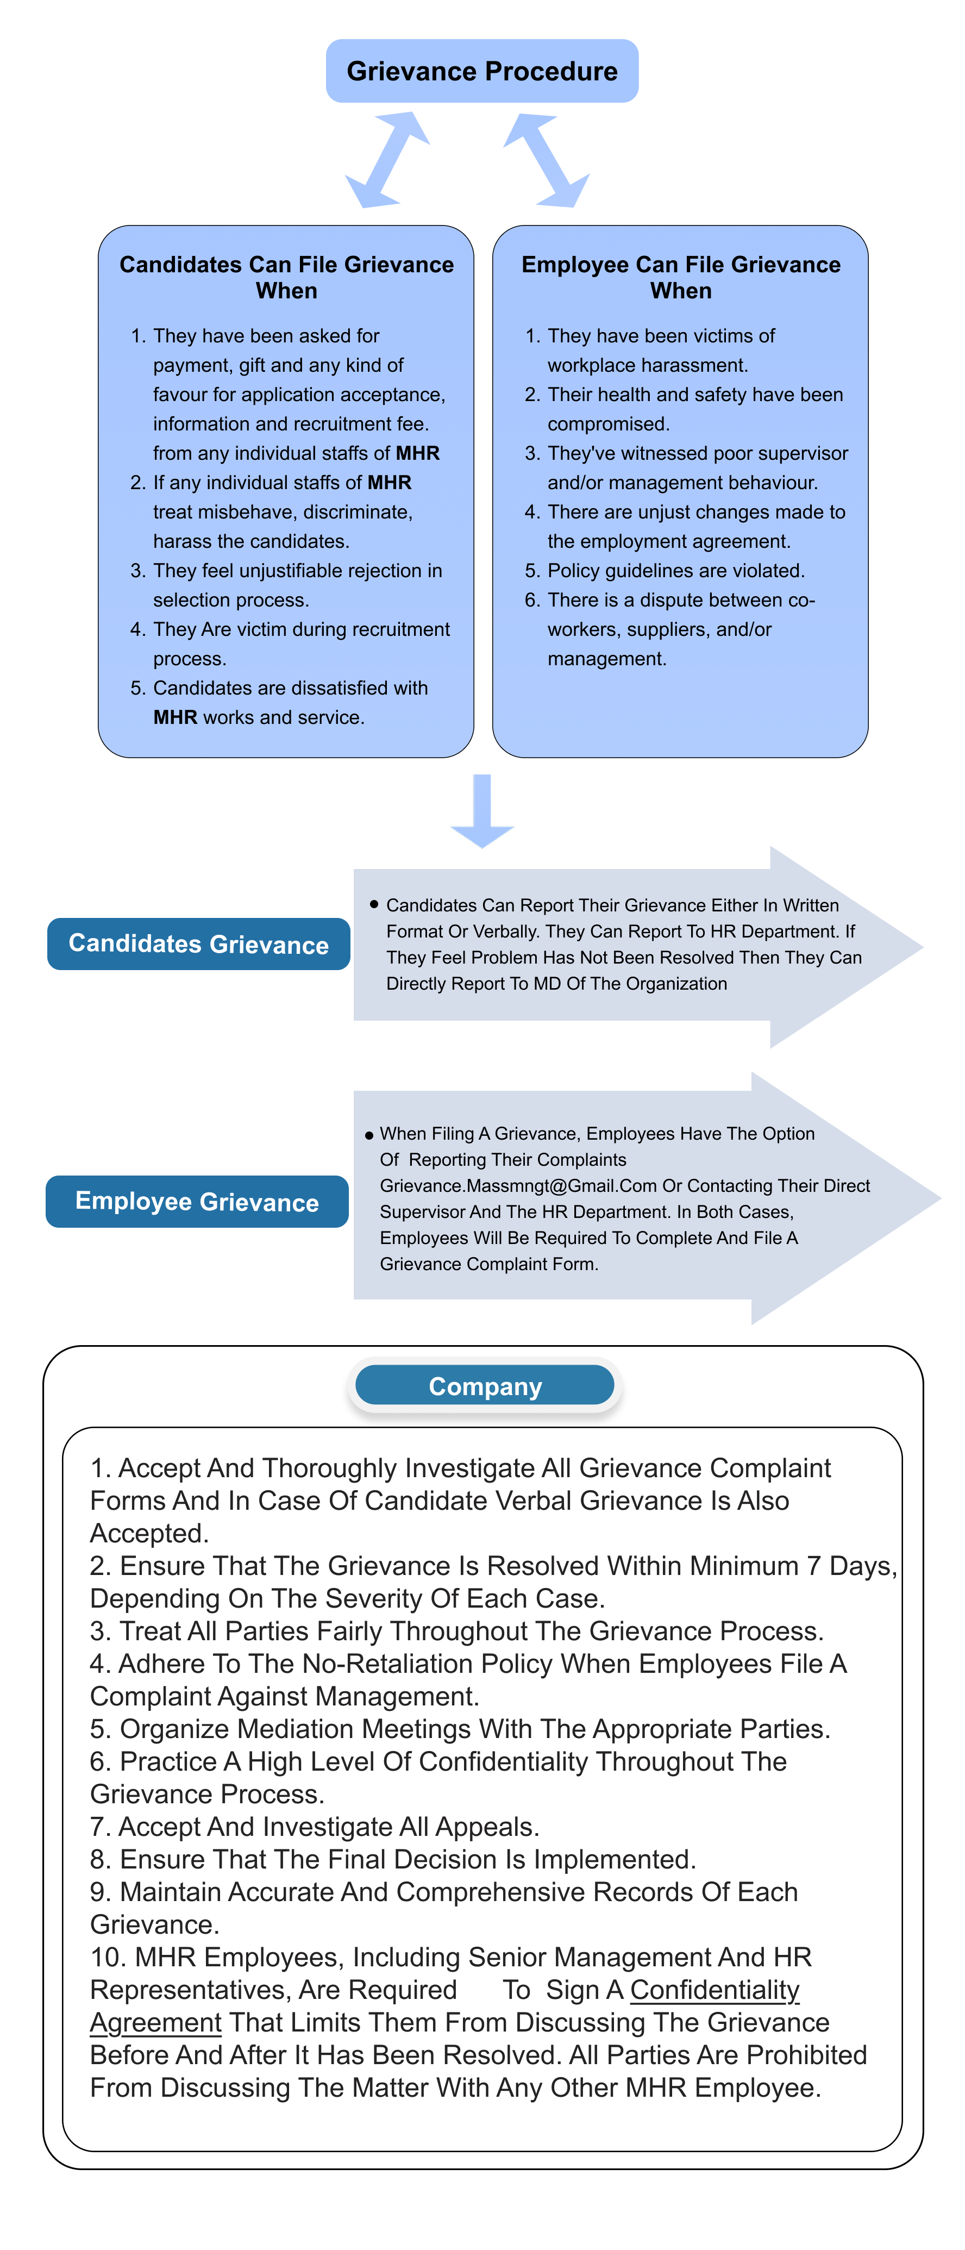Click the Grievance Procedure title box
click(481, 71)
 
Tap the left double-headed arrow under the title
click(387, 160)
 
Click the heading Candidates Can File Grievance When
click(286, 277)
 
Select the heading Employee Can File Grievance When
click(680, 277)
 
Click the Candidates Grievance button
click(198, 944)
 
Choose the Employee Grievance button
click(197, 1202)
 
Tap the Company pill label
click(485, 1386)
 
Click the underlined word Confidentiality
click(715, 1990)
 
